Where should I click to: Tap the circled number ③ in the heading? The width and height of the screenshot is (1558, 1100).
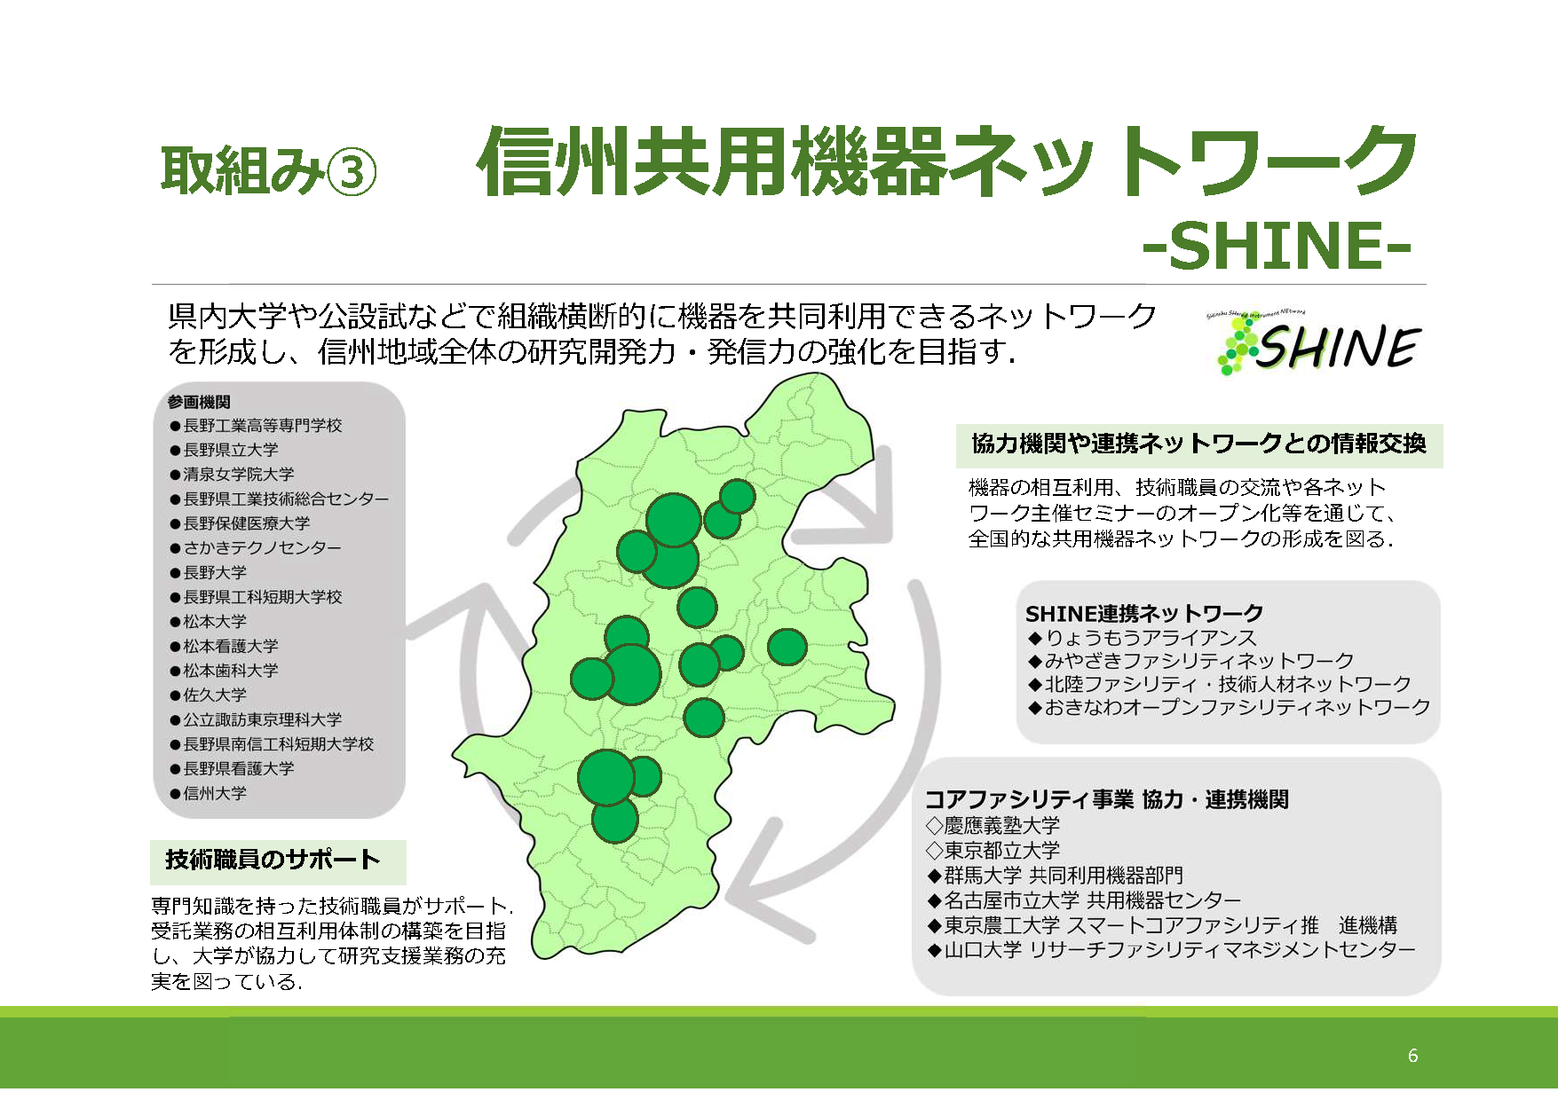tap(352, 171)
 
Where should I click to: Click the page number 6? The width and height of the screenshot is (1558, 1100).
tap(1412, 1055)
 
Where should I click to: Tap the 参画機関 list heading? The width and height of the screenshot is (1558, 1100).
tap(199, 402)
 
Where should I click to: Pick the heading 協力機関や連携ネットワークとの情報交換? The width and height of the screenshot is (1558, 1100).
tap(1199, 444)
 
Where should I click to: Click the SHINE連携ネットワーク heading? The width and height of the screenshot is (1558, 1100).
tap(1144, 613)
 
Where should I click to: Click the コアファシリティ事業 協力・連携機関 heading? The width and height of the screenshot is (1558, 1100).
tap(1107, 799)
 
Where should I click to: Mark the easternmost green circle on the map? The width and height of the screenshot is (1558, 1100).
tap(787, 647)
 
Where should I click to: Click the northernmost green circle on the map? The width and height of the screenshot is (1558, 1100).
tap(737, 497)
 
